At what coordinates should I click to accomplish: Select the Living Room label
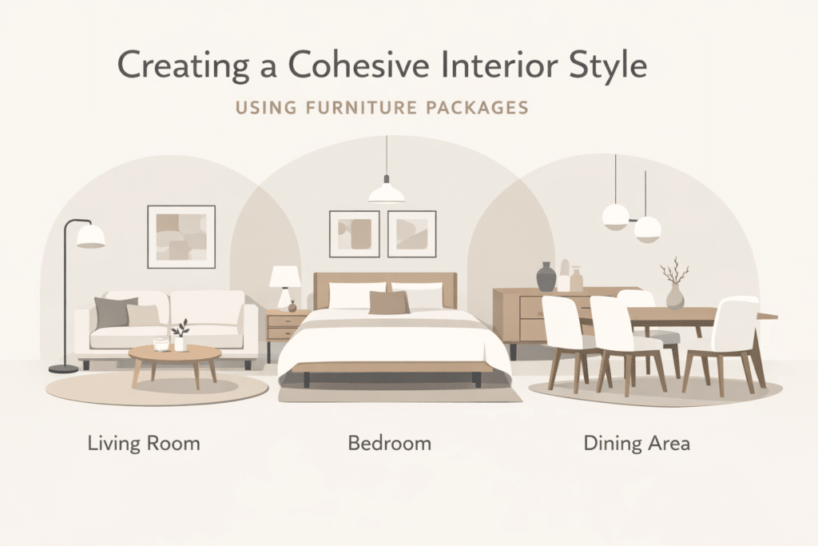coord(144,442)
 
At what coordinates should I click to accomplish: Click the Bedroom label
coord(389,442)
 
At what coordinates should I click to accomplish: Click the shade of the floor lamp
coord(90,236)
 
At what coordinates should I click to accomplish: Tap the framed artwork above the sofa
coord(181,236)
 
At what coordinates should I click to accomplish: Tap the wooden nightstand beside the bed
coord(284,327)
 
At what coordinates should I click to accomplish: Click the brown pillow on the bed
coord(389,302)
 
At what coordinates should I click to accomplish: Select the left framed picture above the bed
coord(354,233)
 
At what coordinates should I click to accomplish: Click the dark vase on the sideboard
coord(546,277)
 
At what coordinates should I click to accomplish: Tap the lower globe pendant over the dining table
coord(647,229)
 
